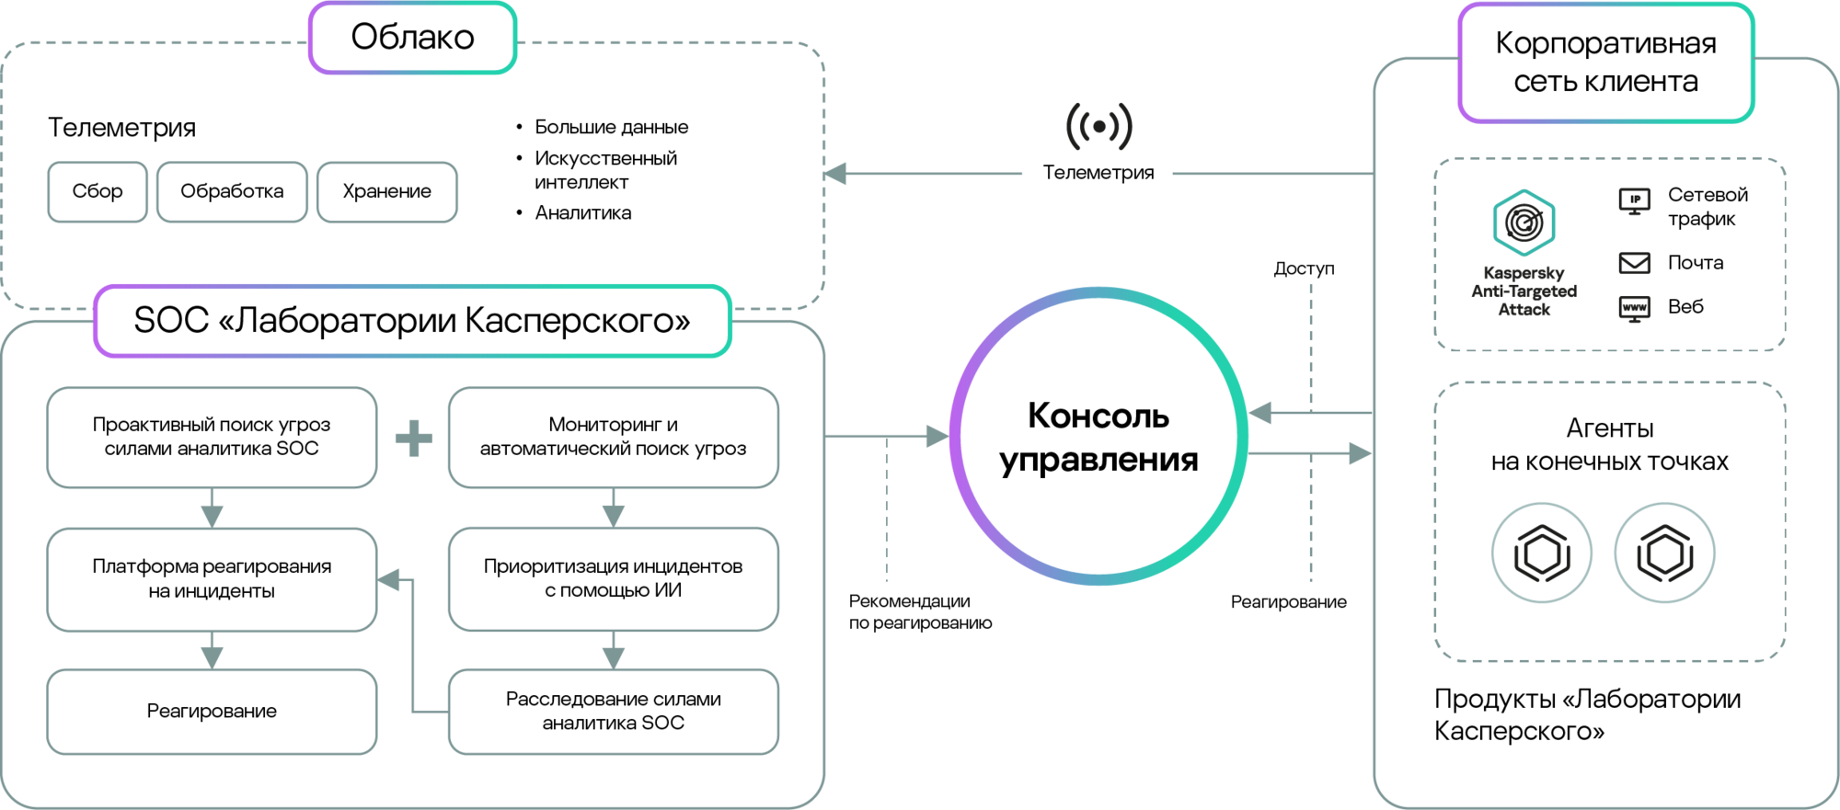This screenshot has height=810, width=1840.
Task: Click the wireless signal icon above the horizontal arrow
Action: pyautogui.click(x=1099, y=127)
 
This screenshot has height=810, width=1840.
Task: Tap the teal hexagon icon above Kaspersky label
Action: pyautogui.click(x=1524, y=222)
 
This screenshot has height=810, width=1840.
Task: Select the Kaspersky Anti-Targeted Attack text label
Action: pyautogui.click(x=1524, y=291)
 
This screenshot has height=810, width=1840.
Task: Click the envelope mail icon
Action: pyautogui.click(x=1634, y=264)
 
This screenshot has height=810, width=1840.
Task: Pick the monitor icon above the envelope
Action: pyautogui.click(x=1634, y=200)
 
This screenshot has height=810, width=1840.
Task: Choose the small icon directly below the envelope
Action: pyautogui.click(x=1634, y=308)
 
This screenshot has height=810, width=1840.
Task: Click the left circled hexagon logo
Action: pyautogui.click(x=1541, y=553)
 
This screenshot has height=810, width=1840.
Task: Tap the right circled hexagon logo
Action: pyautogui.click(x=1664, y=553)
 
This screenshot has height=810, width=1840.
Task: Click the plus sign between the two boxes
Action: pyautogui.click(x=414, y=439)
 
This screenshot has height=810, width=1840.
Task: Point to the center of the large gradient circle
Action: pyautogui.click(x=1098, y=436)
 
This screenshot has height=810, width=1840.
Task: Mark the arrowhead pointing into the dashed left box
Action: pyautogui.click(x=835, y=173)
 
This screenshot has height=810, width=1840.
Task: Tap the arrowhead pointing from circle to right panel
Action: pyautogui.click(x=1360, y=453)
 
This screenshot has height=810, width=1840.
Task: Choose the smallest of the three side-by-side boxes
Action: pyautogui.click(x=98, y=192)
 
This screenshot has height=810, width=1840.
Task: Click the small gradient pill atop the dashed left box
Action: pyautogui.click(x=413, y=39)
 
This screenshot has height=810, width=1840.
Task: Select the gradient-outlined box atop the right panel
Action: pyautogui.click(x=1606, y=63)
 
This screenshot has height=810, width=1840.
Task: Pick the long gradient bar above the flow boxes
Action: pyautogui.click(x=413, y=321)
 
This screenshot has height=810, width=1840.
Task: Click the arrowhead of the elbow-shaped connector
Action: pyautogui.click(x=389, y=579)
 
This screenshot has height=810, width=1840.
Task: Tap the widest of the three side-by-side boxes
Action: pyautogui.click(x=232, y=192)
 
